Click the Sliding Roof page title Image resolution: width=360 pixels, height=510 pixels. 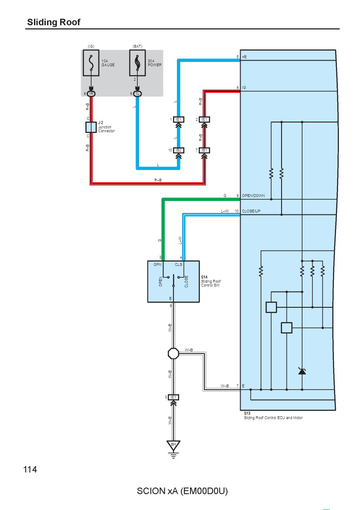54,22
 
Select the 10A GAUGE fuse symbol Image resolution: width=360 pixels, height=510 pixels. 91,63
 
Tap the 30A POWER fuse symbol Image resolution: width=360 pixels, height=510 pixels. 137,63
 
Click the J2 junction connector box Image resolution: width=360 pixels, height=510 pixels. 91,127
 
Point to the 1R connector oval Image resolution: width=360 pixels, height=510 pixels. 91,94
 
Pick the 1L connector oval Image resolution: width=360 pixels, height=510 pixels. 137,94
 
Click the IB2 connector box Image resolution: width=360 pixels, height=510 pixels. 179,150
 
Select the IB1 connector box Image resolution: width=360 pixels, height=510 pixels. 204,150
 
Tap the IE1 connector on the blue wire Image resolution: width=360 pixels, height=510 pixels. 179,119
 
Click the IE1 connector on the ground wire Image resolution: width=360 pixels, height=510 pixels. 173,397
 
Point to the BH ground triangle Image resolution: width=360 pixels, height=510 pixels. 173,445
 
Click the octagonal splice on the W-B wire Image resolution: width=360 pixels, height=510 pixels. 173,354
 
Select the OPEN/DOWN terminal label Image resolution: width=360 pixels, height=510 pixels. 253,196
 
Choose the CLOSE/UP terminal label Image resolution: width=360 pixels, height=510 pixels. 251,211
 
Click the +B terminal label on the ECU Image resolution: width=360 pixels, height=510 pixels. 244,57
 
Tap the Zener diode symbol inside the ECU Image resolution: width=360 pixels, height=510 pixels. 302,371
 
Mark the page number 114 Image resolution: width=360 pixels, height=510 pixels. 30,469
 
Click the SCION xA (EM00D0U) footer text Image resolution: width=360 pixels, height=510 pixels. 182,491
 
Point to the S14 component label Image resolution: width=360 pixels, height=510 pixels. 204,277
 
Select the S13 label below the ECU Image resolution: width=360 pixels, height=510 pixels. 247,413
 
